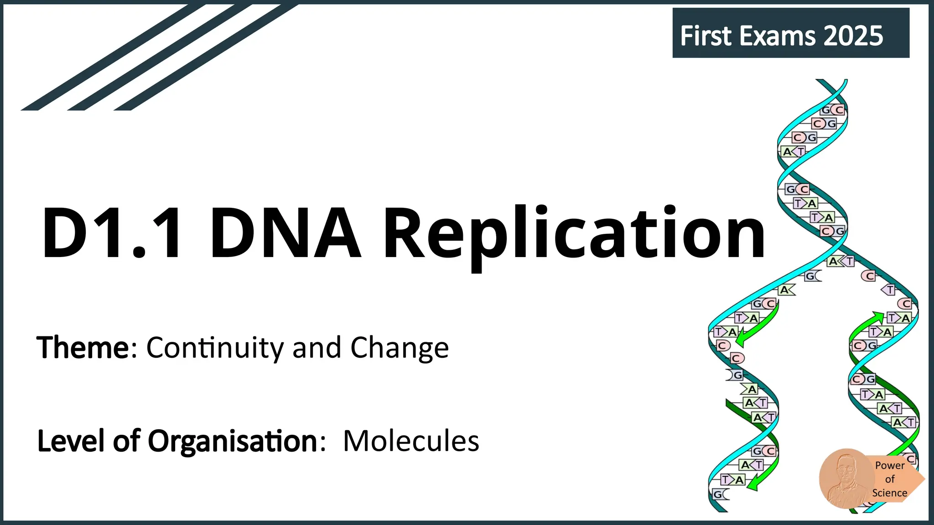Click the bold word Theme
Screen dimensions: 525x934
83,348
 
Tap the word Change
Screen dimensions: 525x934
400,348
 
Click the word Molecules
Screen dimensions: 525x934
411,441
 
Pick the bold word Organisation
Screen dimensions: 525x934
233,441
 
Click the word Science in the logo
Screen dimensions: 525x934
889,493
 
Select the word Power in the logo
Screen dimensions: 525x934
889,465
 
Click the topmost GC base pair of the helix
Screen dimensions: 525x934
832,110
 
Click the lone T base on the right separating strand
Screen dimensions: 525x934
889,289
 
